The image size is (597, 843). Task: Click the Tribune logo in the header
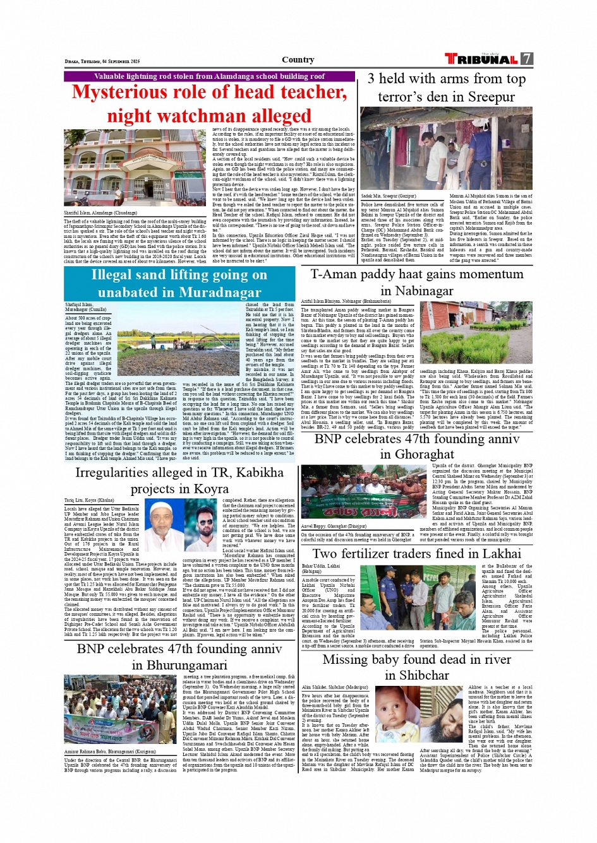(481, 59)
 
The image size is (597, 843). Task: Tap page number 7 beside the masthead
(527, 59)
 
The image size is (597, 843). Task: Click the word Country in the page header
(298, 60)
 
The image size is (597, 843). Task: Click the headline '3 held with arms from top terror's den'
(446, 88)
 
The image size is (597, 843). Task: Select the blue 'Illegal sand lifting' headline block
(179, 283)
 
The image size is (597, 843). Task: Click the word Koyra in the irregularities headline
(211, 489)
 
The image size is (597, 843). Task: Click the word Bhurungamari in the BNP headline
(179, 665)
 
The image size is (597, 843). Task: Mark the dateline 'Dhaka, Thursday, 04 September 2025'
(102, 61)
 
